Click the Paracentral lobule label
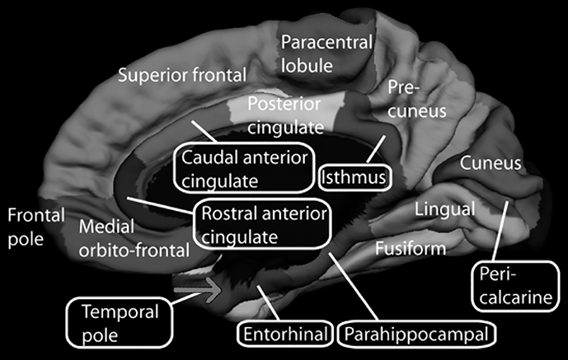pos(326,53)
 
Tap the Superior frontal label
pos(182,76)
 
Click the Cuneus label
pos(491,163)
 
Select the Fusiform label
pos(411,247)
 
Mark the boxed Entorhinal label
pos(285,334)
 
